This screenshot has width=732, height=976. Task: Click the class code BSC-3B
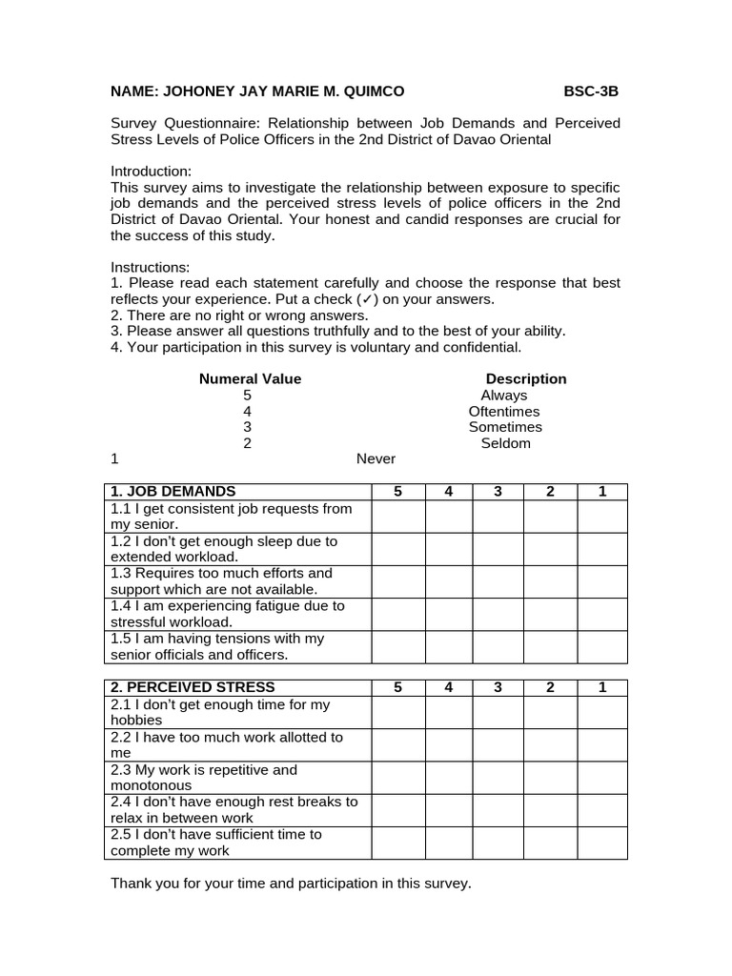click(x=591, y=91)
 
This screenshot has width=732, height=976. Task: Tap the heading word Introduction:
click(x=152, y=172)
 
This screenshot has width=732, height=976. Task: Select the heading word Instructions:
click(x=151, y=267)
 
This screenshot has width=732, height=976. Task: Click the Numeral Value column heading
click(x=250, y=378)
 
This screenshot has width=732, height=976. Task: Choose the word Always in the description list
click(x=503, y=395)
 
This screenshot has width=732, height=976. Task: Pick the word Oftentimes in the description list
click(x=503, y=411)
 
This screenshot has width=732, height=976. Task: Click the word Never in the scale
click(x=376, y=458)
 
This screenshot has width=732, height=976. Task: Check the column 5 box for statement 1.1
click(x=397, y=517)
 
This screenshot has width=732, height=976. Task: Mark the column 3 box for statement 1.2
click(x=498, y=549)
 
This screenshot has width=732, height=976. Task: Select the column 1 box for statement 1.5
click(x=601, y=646)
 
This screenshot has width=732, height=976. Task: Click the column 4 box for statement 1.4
click(x=448, y=614)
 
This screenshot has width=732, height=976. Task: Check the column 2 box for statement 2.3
click(x=550, y=778)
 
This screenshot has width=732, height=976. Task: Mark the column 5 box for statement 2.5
click(x=397, y=843)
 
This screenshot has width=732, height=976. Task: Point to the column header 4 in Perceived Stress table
click(x=448, y=687)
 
